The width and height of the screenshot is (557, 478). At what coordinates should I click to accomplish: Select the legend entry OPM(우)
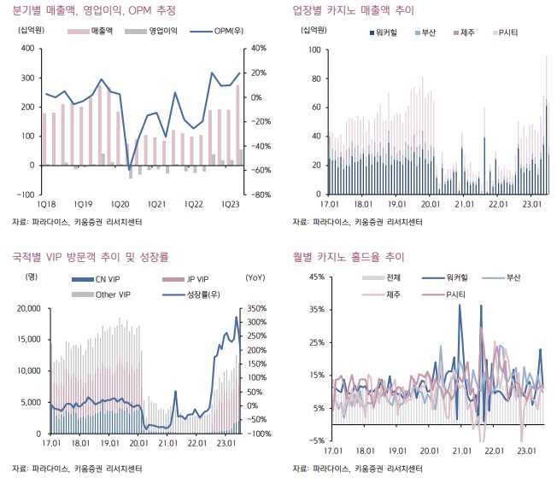(x=221, y=31)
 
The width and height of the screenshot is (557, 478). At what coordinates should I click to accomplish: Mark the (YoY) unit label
(x=255, y=278)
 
